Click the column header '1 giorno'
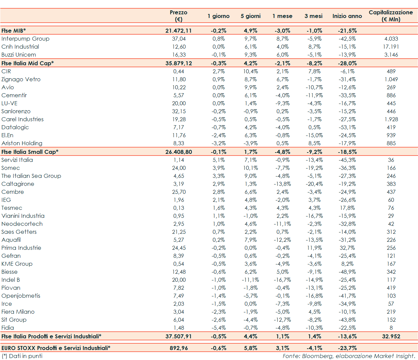218,16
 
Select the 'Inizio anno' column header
347,16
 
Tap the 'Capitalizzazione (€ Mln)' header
391,16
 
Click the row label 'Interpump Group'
25,39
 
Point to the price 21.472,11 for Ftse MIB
178,31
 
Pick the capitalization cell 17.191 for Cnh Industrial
391,47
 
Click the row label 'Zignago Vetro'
21,79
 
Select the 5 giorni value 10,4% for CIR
250,71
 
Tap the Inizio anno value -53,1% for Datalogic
347,127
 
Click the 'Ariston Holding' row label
22,143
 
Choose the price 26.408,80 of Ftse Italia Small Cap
178,152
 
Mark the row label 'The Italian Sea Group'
31,176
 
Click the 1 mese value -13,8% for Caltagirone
282,184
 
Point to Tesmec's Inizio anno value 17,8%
347,208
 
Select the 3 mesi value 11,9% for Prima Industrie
314,248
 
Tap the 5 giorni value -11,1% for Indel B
250,280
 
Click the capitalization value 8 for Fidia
391,328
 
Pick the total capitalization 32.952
391,336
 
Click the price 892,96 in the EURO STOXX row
178,348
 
